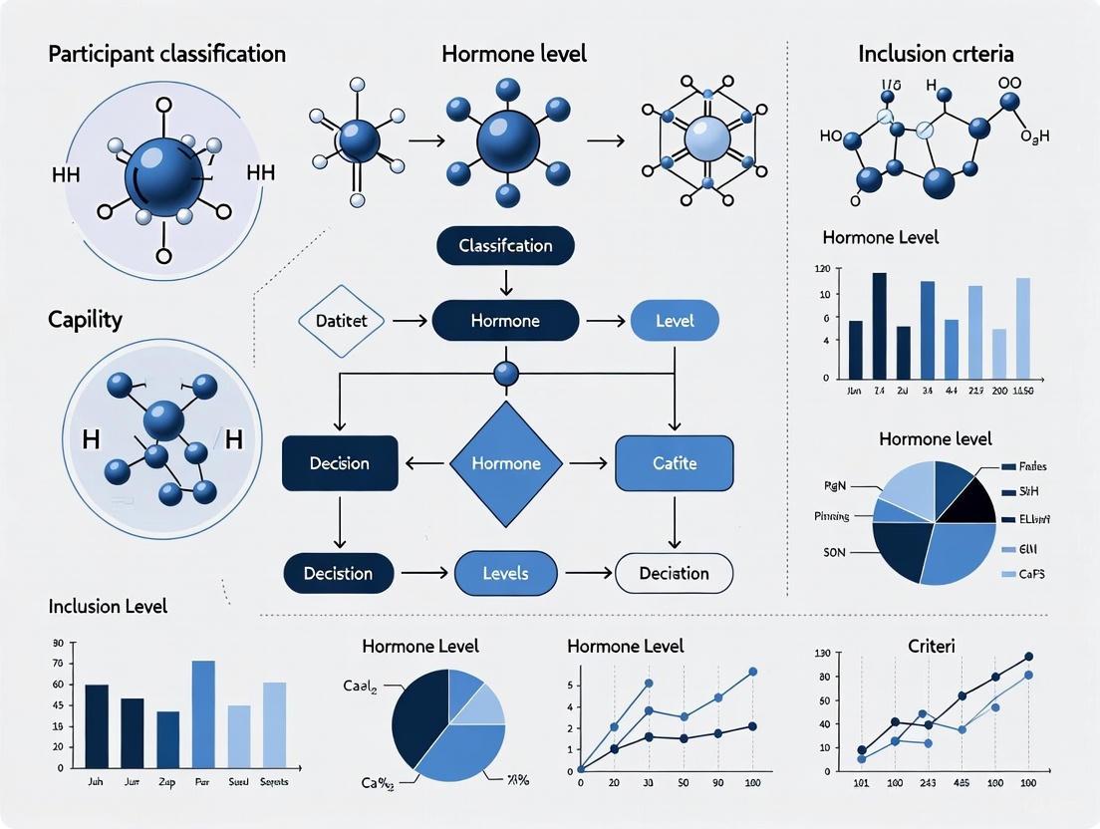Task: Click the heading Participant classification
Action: click(166, 53)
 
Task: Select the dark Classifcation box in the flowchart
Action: click(505, 245)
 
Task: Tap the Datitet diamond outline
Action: click(341, 321)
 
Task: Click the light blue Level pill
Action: click(675, 321)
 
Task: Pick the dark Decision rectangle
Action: click(340, 463)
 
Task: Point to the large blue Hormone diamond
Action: click(505, 463)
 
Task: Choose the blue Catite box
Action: click(675, 463)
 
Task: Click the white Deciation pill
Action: click(675, 573)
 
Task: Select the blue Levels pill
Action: click(505, 573)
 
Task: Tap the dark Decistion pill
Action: click(339, 573)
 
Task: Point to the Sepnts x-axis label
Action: click(274, 782)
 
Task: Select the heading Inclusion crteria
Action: click(936, 53)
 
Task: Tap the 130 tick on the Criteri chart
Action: click(822, 654)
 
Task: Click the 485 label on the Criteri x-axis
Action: click(962, 782)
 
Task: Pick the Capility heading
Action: click(86, 320)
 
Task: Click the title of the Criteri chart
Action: click(932, 647)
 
